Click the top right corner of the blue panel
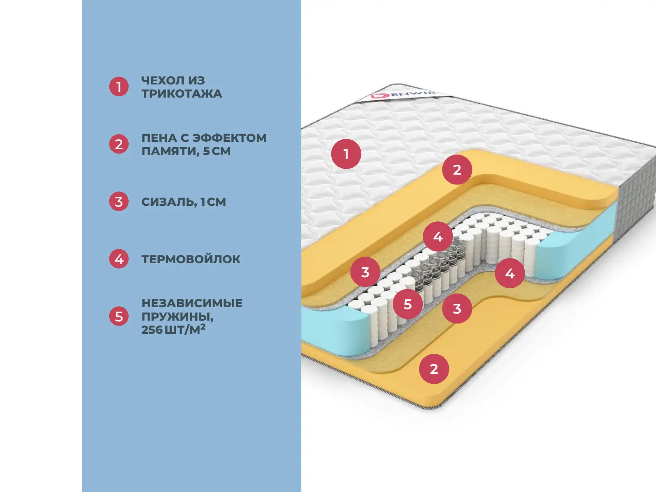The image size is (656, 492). coord(301,0)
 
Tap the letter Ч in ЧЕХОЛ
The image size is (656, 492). coord(146,81)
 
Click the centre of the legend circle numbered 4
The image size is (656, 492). coord(119,259)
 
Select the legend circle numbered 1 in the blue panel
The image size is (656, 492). coord(119,87)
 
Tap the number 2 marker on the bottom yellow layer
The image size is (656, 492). coord(434,369)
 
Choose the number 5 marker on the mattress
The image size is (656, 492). coord(408,304)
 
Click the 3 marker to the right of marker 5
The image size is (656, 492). coord(457,308)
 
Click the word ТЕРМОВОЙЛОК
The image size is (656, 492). coord(191,259)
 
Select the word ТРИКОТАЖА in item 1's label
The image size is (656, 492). coord(182,94)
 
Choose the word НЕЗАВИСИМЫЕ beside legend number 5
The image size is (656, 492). coord(192,303)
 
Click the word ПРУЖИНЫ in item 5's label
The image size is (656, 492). coord(178,317)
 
